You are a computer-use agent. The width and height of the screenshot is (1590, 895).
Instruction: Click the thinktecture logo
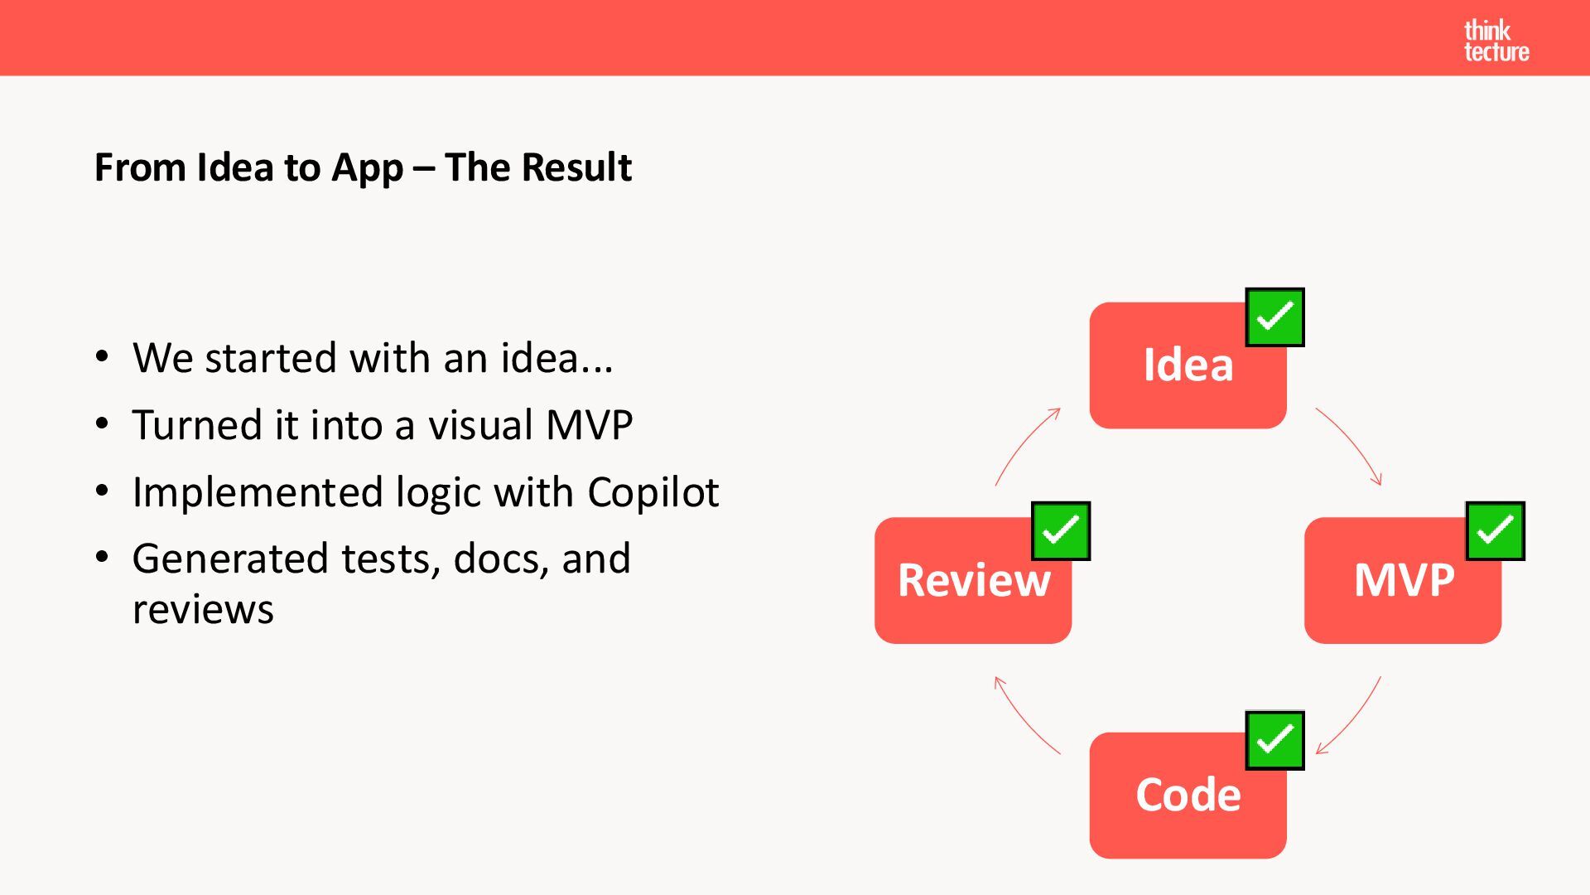click(1496, 41)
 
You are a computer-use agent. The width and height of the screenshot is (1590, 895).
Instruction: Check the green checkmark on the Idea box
click(1274, 317)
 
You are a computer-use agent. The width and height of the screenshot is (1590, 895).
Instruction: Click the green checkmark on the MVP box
click(1495, 531)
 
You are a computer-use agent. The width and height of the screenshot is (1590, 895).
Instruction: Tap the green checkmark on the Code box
click(1274, 740)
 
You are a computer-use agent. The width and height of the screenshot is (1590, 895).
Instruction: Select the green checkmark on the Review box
click(1060, 531)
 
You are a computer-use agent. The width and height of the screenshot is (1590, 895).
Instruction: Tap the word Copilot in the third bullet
click(653, 492)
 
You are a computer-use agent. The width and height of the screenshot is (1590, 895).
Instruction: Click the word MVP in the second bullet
click(589, 425)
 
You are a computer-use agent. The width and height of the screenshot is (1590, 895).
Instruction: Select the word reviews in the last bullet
click(203, 610)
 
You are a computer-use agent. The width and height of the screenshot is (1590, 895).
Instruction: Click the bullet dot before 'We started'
click(102, 357)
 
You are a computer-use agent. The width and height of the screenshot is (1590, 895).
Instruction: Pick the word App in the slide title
click(367, 167)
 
